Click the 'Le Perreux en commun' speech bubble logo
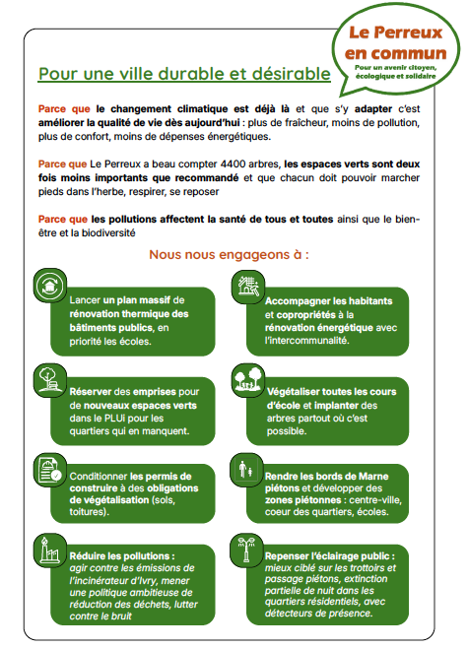coord(395,50)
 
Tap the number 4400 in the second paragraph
coord(233,164)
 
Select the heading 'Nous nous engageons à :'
coord(229,254)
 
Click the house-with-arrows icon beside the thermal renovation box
coord(49,286)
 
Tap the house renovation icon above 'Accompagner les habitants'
coord(248,286)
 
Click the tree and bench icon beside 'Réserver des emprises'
coord(49,380)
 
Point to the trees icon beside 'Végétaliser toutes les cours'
coord(248,380)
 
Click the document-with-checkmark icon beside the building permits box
coord(49,471)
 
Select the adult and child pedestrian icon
coord(247,470)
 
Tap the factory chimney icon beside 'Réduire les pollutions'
coord(49,551)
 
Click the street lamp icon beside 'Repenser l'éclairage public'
coord(247,551)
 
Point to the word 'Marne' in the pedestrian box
coord(373,477)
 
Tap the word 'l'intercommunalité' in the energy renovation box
coord(307,341)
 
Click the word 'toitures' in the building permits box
coord(85,512)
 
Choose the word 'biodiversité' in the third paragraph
coord(108,233)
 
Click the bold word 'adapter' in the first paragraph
coord(373,109)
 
